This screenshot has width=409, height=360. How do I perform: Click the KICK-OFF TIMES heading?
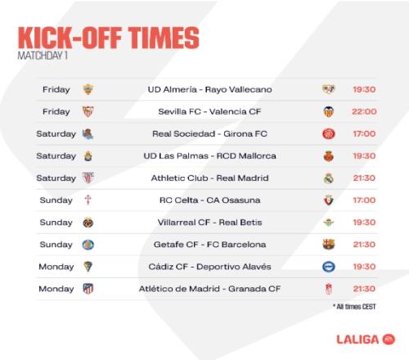(x=109, y=38)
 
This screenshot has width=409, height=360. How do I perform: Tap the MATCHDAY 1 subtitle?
(x=43, y=56)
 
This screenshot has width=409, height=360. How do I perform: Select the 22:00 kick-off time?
(x=364, y=111)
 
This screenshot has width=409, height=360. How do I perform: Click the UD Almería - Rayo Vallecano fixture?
(x=209, y=89)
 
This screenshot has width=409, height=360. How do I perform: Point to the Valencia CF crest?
(x=329, y=111)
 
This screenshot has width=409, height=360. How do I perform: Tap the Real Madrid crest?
(x=329, y=178)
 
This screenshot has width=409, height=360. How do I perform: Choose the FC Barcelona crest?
(x=329, y=245)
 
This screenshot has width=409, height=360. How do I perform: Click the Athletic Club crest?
(x=88, y=178)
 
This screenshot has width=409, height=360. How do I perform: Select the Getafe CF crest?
(x=88, y=245)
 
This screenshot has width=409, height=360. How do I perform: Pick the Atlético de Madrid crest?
(x=88, y=289)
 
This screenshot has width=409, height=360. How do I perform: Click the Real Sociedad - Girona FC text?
(x=209, y=134)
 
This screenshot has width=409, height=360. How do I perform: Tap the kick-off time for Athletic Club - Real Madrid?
(x=364, y=178)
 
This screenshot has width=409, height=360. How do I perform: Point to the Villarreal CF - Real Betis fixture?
(x=209, y=223)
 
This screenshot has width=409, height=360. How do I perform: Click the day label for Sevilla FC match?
(x=56, y=112)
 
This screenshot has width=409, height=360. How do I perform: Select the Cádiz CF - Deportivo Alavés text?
(x=209, y=267)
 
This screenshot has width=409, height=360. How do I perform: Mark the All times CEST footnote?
(x=354, y=307)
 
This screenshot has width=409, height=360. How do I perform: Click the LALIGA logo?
(x=366, y=340)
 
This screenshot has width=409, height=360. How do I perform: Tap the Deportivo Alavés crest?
(x=329, y=267)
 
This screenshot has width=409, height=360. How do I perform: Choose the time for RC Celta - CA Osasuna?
(x=364, y=200)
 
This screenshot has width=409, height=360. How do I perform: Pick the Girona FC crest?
(x=329, y=134)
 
